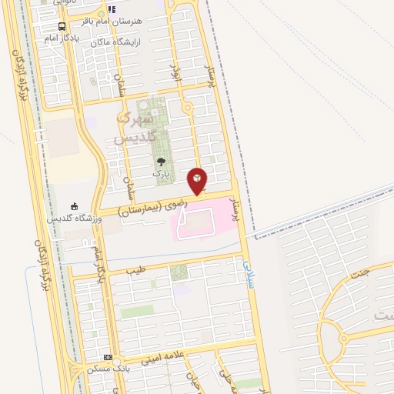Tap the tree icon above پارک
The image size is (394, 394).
161,162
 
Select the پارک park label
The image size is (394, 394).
160,174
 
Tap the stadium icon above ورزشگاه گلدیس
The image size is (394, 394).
75,206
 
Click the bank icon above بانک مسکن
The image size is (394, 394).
108,358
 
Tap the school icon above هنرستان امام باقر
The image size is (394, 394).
112,10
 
